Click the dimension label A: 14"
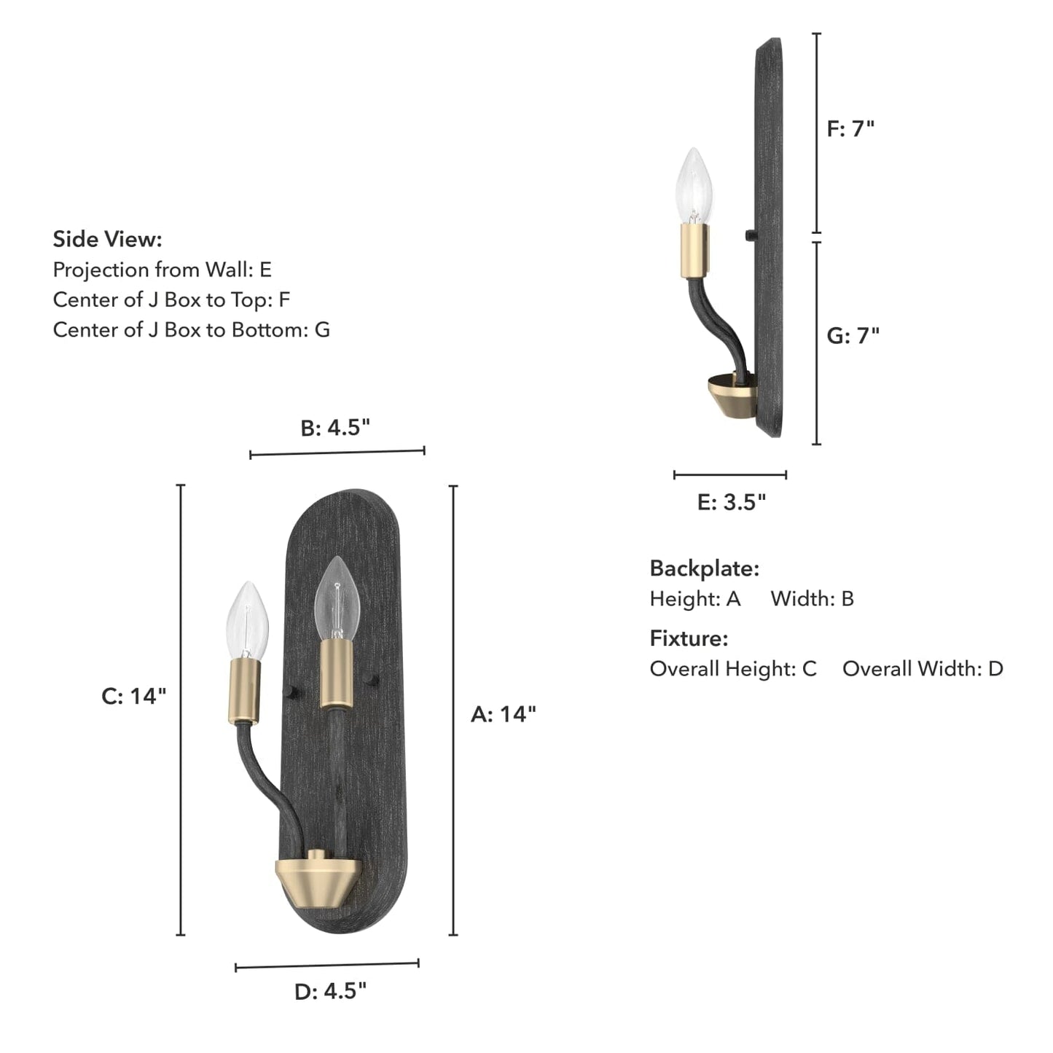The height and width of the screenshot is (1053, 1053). point(503,713)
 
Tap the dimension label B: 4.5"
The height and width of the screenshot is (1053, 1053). point(336,428)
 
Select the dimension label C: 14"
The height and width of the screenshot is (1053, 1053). point(134,696)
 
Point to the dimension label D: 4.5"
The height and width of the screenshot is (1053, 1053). point(330,991)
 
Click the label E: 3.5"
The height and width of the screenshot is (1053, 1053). point(732,502)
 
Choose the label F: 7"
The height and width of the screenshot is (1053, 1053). point(850,129)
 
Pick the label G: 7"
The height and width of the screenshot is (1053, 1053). point(853,335)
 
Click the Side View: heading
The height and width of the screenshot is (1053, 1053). point(107,239)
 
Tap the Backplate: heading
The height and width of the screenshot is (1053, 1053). point(704,568)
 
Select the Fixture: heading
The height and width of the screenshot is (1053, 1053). point(689,638)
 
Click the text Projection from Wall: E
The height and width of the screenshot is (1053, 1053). point(162,270)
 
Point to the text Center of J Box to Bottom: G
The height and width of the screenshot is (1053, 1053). point(191,329)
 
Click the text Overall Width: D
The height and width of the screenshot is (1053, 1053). point(923,668)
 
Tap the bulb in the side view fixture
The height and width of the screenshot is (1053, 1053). point(694,186)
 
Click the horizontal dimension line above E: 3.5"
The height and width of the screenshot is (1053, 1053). point(730,475)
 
